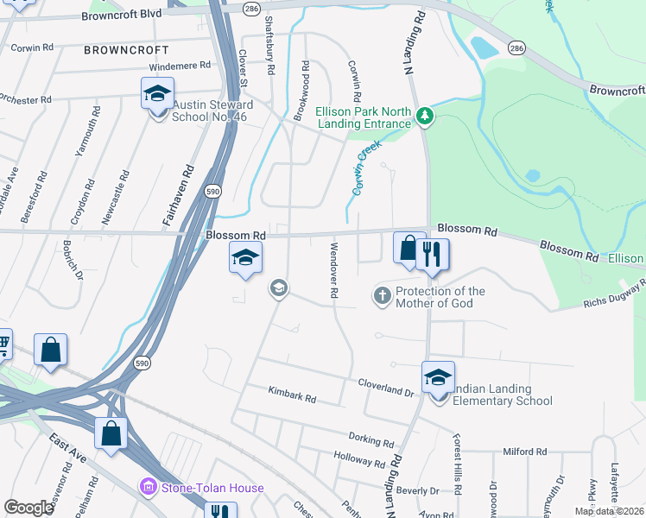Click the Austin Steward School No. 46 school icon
pyautogui.click(x=158, y=94)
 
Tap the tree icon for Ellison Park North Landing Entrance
pyautogui.click(x=424, y=116)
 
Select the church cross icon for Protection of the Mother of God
pyautogui.click(x=383, y=297)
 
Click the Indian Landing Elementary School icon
pyautogui.click(x=438, y=377)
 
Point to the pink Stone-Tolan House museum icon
pyautogui.click(x=147, y=488)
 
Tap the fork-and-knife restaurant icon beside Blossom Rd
pyautogui.click(x=432, y=254)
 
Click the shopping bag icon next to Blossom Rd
pyautogui.click(x=408, y=248)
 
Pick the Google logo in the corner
pyautogui.click(x=29, y=508)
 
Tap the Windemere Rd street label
pyautogui.click(x=180, y=66)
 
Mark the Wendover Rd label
pyautogui.click(x=332, y=271)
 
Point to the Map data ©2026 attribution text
pyautogui.click(x=609, y=511)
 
